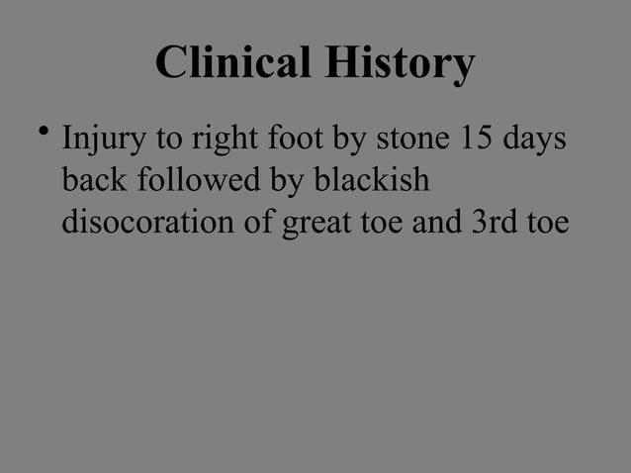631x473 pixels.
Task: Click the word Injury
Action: point(98,142)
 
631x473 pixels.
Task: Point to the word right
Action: point(200,142)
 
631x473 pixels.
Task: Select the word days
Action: point(535,142)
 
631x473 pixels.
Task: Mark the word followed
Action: point(185,181)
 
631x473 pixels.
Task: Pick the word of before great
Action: point(262,224)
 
